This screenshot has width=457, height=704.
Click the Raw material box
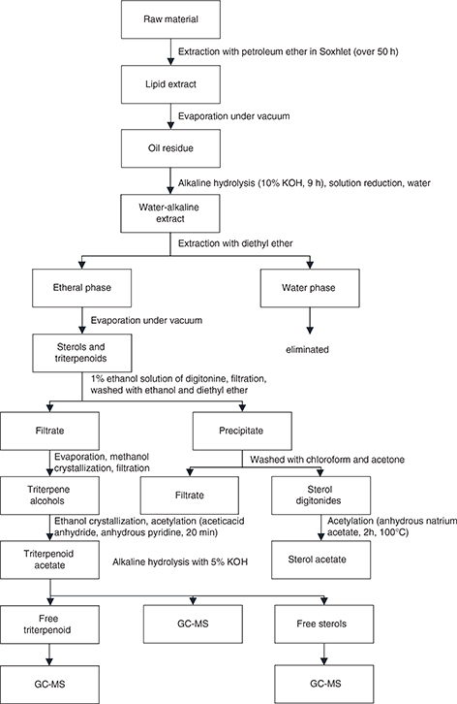click(x=170, y=19)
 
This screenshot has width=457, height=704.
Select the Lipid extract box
click(x=170, y=84)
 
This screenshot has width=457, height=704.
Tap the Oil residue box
click(x=170, y=148)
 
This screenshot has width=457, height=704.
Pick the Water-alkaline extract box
click(x=170, y=213)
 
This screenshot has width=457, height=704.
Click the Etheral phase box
click(x=82, y=288)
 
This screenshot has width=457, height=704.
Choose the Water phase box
click(x=310, y=288)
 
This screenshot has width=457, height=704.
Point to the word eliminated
click(x=307, y=349)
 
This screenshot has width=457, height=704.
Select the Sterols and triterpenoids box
click(x=82, y=353)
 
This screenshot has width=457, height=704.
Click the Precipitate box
click(x=242, y=431)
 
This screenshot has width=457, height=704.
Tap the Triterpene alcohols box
click(x=49, y=496)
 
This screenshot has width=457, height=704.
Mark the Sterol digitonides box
click(x=321, y=496)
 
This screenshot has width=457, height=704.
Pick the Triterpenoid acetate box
click(x=49, y=560)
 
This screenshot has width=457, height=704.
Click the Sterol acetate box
click(x=321, y=560)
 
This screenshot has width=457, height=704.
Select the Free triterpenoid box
click(x=49, y=624)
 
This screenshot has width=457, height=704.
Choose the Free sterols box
click(x=323, y=624)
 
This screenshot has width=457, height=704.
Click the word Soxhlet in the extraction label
click(x=335, y=51)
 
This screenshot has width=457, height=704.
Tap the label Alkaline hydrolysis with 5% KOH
click(x=180, y=562)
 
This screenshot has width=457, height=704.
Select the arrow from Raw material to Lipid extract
click(x=170, y=52)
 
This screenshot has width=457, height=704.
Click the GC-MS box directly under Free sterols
click(x=323, y=685)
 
